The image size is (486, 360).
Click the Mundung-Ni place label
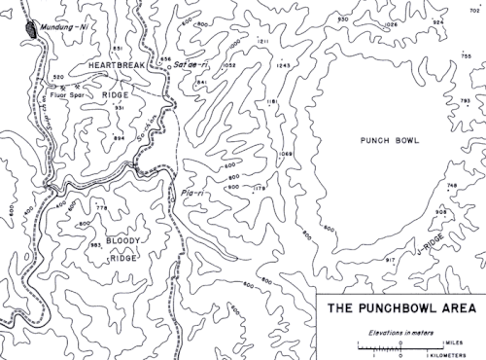click(x=70, y=30)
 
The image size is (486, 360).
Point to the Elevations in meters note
click(x=399, y=332)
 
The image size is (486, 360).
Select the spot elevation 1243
click(x=284, y=65)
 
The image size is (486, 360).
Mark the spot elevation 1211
click(x=262, y=42)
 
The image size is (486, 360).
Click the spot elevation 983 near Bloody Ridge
click(x=95, y=246)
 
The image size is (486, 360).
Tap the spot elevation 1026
click(x=391, y=22)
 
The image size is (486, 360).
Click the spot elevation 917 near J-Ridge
click(x=391, y=260)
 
